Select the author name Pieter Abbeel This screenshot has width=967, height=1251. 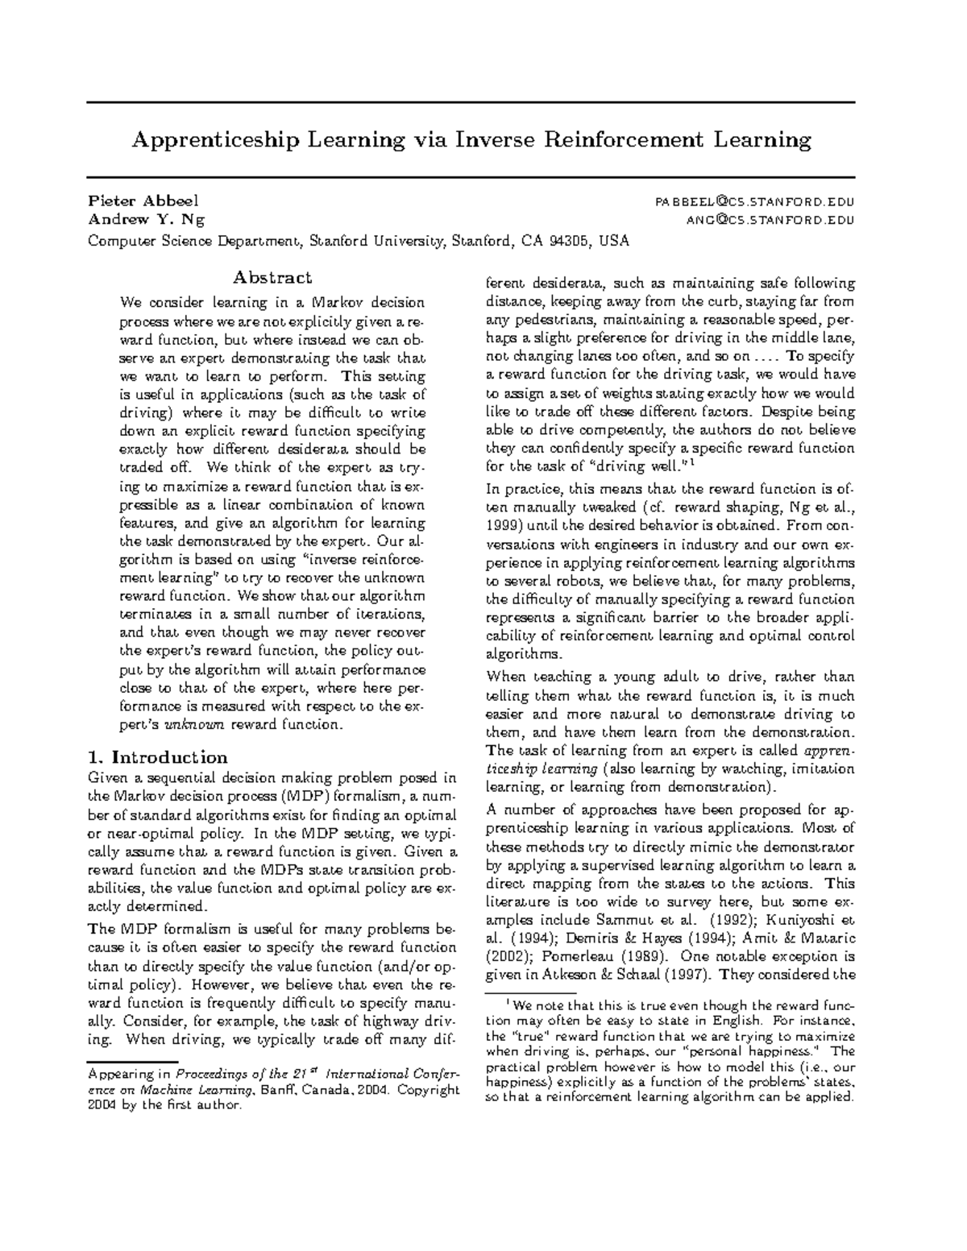pos(143,201)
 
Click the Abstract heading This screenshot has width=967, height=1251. pos(272,278)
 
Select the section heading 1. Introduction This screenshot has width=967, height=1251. pos(158,757)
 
